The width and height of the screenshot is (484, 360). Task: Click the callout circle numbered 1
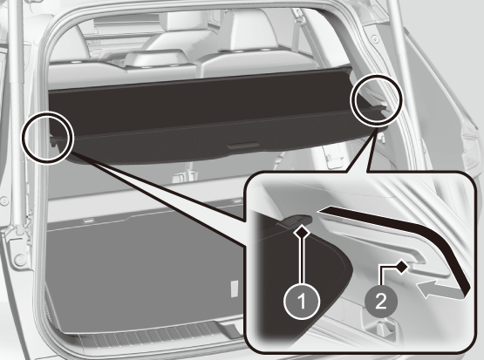click(x=303, y=301)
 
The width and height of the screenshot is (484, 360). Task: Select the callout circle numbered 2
click(x=380, y=301)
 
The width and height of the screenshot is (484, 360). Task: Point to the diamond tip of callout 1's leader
click(x=303, y=231)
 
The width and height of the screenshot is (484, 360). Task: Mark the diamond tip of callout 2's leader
click(x=401, y=267)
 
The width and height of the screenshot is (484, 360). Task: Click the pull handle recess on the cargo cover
click(x=243, y=146)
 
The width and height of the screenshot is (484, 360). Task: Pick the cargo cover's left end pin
click(x=53, y=141)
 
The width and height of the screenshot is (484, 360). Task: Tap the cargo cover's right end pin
click(x=382, y=109)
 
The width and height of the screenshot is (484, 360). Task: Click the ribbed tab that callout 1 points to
click(x=295, y=221)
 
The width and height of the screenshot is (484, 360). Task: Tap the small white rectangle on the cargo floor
click(x=235, y=289)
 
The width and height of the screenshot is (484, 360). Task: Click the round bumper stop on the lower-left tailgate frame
click(x=19, y=260)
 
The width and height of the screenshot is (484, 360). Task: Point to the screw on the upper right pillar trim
click(x=375, y=39)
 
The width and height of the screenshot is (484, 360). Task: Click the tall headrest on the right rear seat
click(x=246, y=31)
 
